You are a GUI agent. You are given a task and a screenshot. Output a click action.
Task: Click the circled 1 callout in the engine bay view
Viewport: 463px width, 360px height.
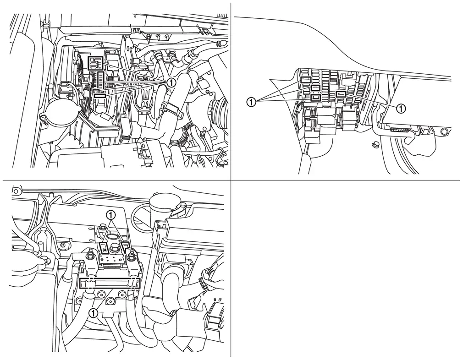pyautogui.click(x=171, y=82)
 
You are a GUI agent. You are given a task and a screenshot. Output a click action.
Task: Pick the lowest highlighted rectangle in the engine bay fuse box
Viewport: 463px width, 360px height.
pyautogui.click(x=100, y=94)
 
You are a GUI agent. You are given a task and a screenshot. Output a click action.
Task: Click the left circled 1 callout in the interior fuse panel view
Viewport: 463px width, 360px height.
pyautogui.click(x=251, y=103)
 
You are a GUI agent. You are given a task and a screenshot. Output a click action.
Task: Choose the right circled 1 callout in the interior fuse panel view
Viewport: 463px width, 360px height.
pyautogui.click(x=400, y=109)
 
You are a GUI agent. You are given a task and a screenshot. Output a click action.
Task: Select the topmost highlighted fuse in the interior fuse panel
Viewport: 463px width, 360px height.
pyautogui.click(x=306, y=79)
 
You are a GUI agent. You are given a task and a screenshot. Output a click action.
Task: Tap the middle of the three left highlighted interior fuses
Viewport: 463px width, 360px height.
pyautogui.click(x=315, y=87)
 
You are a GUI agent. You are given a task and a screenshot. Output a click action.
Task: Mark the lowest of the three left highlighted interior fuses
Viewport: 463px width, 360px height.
pyautogui.click(x=315, y=98)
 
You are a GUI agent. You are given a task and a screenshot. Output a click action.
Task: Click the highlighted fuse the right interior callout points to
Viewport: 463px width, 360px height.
pyautogui.click(x=341, y=94)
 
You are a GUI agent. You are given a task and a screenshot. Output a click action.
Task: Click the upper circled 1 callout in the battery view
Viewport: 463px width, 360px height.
pyautogui.click(x=111, y=214)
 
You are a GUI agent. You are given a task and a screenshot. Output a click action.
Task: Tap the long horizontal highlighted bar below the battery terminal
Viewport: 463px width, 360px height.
pyautogui.click(x=110, y=283)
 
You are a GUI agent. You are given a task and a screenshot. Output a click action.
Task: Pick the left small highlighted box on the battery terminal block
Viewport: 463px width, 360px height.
pyautogui.click(x=104, y=247)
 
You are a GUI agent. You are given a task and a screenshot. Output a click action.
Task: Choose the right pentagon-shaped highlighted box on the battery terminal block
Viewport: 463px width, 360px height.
pyautogui.click(x=126, y=246)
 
